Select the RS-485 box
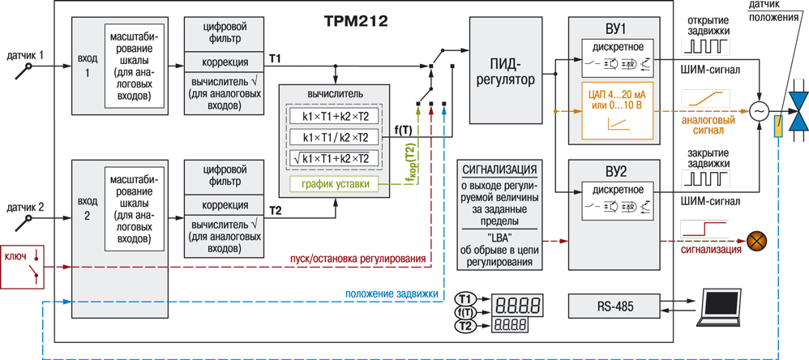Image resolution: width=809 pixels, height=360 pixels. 614,307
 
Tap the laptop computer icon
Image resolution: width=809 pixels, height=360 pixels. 727,309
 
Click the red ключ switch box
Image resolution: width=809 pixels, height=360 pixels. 24,266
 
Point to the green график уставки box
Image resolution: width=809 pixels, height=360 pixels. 335,185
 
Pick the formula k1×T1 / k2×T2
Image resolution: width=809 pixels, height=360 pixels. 335,137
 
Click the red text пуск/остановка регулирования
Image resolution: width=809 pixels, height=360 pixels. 357,259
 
